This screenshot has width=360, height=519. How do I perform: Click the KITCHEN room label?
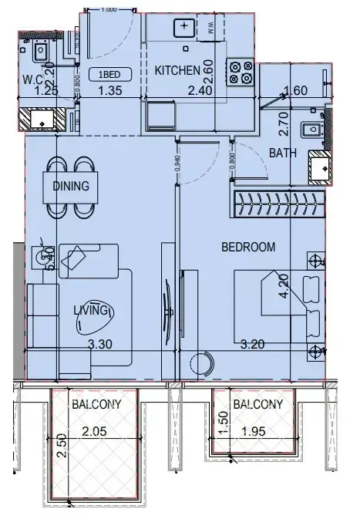point(177,71)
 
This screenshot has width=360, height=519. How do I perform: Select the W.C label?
point(32,79)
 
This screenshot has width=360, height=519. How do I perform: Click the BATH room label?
point(282,153)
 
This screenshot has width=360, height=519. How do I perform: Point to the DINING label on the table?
point(70,186)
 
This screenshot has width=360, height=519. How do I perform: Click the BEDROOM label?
point(248,247)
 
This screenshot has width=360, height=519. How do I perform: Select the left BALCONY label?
point(94,403)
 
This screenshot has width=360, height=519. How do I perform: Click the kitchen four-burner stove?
point(240,71)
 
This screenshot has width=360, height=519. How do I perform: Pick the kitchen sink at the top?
point(185,26)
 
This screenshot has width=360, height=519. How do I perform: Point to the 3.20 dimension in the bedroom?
point(254,345)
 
